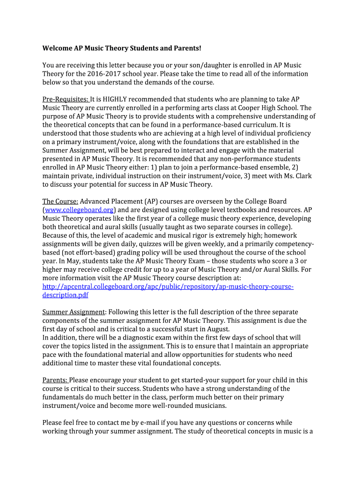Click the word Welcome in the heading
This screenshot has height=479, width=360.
(x=58, y=48)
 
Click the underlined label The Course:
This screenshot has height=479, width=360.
(x=60, y=201)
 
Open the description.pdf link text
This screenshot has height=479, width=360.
(x=65, y=295)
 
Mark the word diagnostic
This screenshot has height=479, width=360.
(x=136, y=337)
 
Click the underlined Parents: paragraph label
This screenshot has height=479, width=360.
(x=55, y=380)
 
